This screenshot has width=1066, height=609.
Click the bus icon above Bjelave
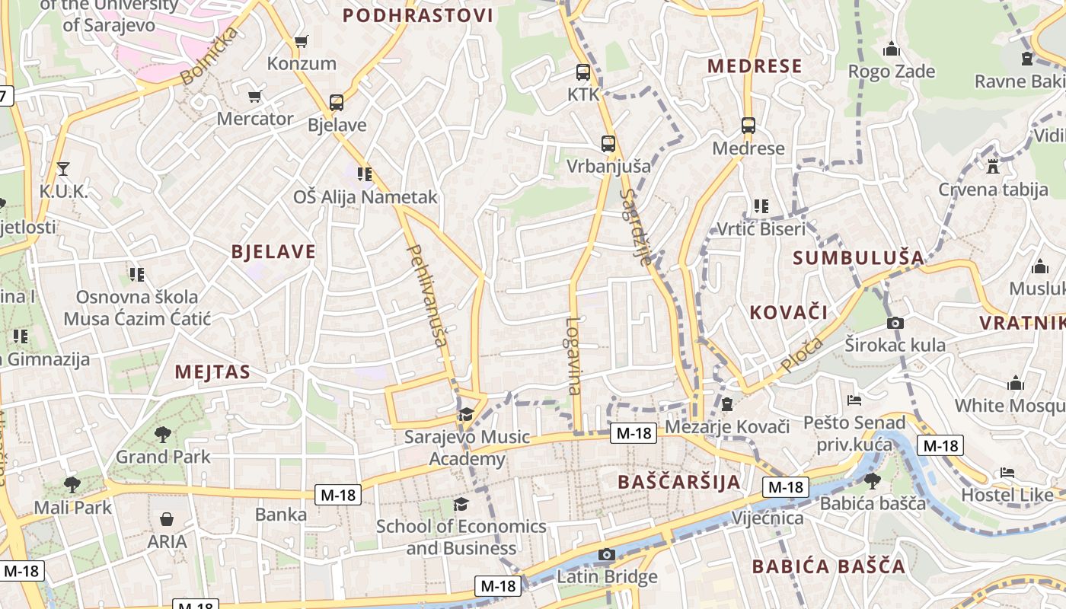(x=336, y=103)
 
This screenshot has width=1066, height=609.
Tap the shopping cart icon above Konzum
(x=302, y=41)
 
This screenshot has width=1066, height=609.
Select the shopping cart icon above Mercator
(x=255, y=97)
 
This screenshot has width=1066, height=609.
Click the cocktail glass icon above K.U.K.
(x=62, y=168)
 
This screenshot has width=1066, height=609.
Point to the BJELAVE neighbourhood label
(x=273, y=252)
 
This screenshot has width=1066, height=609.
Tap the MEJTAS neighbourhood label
(x=212, y=372)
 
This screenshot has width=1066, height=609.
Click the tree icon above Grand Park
(x=162, y=435)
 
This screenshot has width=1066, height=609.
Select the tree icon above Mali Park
(x=72, y=484)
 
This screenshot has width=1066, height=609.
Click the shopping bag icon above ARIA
(x=167, y=519)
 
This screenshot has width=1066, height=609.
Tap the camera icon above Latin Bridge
(x=607, y=554)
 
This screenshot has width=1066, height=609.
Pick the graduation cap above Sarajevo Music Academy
(x=465, y=414)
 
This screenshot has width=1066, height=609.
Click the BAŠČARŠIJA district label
(x=679, y=482)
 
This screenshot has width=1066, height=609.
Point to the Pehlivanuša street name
(x=427, y=295)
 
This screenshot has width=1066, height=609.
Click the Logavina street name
(x=573, y=356)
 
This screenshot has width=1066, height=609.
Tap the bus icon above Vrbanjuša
(x=608, y=143)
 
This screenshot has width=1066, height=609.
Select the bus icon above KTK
(x=583, y=73)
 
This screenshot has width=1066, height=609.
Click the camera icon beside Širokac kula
(x=895, y=323)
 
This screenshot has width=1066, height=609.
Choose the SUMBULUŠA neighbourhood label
(x=858, y=258)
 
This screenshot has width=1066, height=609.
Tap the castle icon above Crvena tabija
(x=992, y=166)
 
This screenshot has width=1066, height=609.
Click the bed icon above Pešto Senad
(x=854, y=400)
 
